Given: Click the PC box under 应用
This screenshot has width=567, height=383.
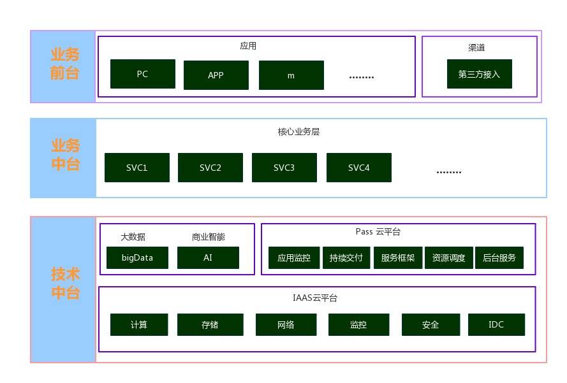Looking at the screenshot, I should pyautogui.click(x=142, y=74).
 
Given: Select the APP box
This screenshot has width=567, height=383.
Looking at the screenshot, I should pyautogui.click(x=216, y=75).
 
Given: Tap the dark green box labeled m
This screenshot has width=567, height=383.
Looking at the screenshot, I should pyautogui.click(x=291, y=75).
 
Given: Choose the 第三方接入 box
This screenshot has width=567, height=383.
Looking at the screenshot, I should pyautogui.click(x=479, y=74).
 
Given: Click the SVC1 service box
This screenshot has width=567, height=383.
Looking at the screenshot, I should pyautogui.click(x=136, y=168).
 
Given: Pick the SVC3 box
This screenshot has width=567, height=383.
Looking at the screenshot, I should pyautogui.click(x=284, y=168).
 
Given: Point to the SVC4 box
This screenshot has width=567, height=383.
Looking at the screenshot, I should pyautogui.click(x=358, y=168).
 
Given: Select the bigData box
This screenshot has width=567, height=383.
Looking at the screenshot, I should pyautogui.click(x=137, y=258).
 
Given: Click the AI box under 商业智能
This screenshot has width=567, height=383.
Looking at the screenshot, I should pyautogui.click(x=208, y=258).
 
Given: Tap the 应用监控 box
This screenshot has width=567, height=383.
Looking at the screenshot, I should pyautogui.click(x=294, y=258).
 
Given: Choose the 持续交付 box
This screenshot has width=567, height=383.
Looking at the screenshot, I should pyautogui.click(x=346, y=258).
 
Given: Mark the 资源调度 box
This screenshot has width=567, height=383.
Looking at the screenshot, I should pyautogui.click(x=448, y=258).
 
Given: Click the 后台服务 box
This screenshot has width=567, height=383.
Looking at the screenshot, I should pyautogui.click(x=499, y=258).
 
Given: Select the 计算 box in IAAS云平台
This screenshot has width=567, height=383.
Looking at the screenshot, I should pyautogui.click(x=139, y=324).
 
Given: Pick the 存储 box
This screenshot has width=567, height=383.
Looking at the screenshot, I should pyautogui.click(x=210, y=324).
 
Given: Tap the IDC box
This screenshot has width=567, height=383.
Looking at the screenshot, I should pyautogui.click(x=496, y=324).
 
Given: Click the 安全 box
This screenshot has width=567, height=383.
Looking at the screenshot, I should pyautogui.click(x=431, y=324).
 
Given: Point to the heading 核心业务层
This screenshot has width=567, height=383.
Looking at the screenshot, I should pyautogui.click(x=298, y=132).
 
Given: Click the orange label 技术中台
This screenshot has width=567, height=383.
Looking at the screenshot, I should pyautogui.click(x=65, y=284).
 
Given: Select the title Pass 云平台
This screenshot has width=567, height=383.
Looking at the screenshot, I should pyautogui.click(x=378, y=231).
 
